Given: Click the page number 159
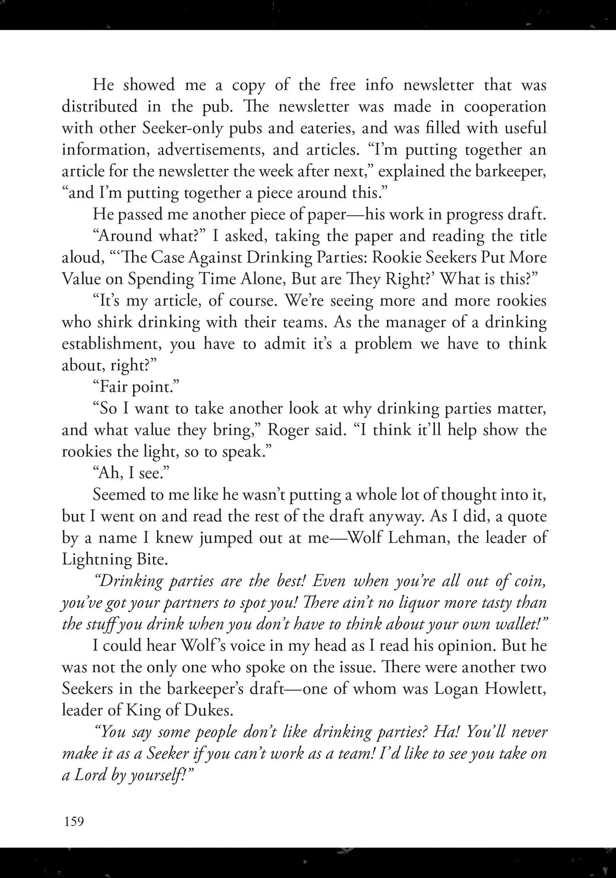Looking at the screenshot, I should click(74, 821).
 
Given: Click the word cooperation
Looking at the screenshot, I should click(505, 107).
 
